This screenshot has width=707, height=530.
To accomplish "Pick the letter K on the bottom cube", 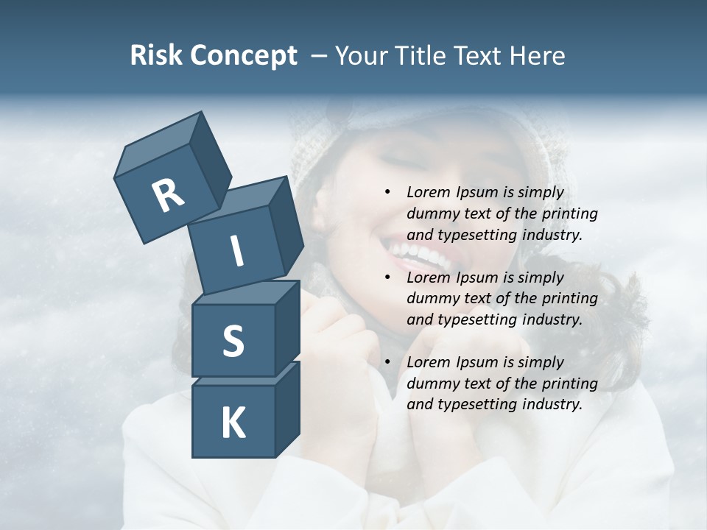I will click(x=233, y=423).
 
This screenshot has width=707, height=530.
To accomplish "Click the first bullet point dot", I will click(x=387, y=193).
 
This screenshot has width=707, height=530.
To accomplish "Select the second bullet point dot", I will click(x=387, y=278).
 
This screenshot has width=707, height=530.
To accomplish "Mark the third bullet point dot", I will click(x=387, y=362).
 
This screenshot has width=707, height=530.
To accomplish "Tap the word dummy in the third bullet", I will click(x=432, y=384).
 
